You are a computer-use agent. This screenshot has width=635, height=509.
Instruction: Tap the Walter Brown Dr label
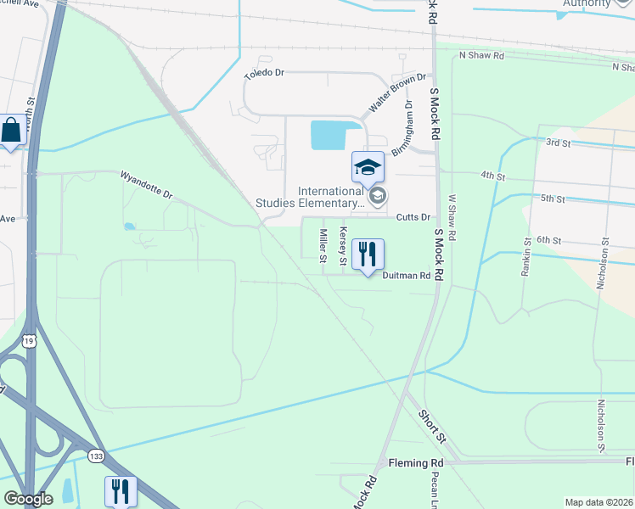(x=396, y=94)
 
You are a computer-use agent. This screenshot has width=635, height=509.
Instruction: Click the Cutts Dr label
(x=414, y=217)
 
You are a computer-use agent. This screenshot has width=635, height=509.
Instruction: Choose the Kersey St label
(x=344, y=244)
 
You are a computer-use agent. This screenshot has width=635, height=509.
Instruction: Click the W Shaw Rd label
(x=452, y=217)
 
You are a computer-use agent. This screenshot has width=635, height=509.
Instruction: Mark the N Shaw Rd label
(x=481, y=55)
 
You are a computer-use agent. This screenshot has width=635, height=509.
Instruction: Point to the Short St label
(x=431, y=427)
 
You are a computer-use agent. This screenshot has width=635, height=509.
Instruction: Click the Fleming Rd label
(x=416, y=463)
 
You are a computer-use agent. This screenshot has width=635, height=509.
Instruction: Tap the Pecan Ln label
(x=434, y=488)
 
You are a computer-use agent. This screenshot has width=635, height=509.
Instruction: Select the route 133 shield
(x=96, y=456)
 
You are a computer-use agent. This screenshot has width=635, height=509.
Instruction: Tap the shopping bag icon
(x=11, y=131)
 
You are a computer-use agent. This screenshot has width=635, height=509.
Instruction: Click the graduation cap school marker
(x=368, y=167)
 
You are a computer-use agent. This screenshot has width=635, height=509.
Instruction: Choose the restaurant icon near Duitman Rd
(x=368, y=255)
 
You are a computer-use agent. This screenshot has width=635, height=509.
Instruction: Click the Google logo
(x=29, y=499)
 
